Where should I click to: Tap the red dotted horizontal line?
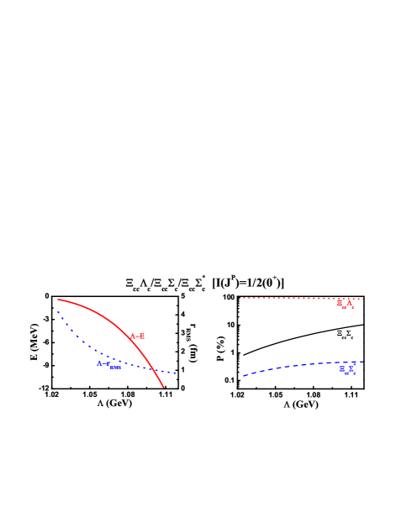click(x=286, y=298)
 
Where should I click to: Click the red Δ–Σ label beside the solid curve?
click(x=137, y=336)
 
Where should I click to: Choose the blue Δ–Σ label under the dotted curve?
click(x=104, y=363)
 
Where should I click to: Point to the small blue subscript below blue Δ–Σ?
click(x=116, y=368)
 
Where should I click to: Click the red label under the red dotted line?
click(x=345, y=304)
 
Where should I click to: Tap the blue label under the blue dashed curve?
click(x=347, y=369)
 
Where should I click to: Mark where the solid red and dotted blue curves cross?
click(x=154, y=368)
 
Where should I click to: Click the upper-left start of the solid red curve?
click(x=58, y=300)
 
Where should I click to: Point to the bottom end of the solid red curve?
click(x=163, y=387)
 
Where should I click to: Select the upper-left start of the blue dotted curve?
click(x=58, y=312)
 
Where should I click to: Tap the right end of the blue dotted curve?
click(x=176, y=373)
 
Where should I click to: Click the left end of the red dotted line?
click(x=244, y=298)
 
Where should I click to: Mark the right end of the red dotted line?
click(x=362, y=299)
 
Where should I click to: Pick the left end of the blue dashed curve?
click(x=244, y=375)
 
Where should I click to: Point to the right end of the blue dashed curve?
click(x=362, y=362)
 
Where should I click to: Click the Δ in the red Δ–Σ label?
click(x=133, y=336)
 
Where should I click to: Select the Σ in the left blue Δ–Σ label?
click(x=108, y=363)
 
